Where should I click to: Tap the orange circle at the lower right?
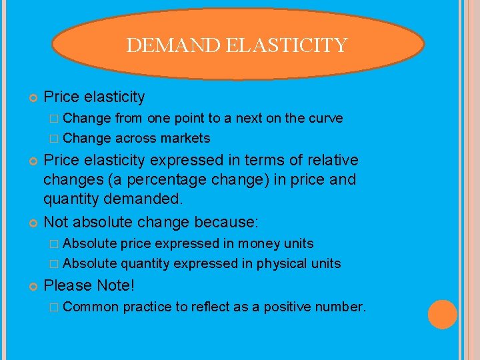(443, 315)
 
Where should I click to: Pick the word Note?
(115, 285)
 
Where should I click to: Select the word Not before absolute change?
(56, 221)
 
